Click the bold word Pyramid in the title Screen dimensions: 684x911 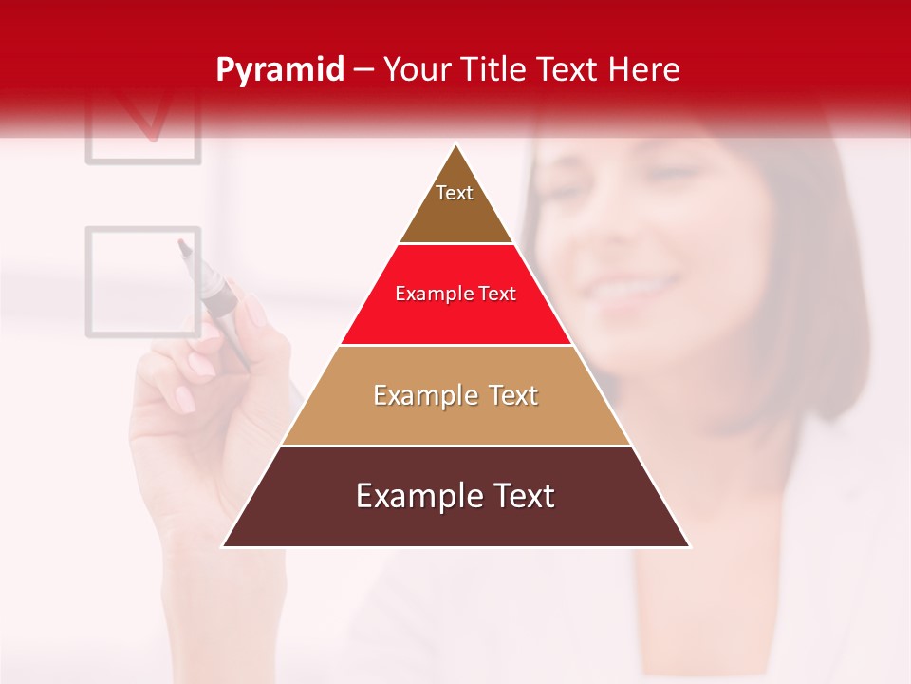tap(279, 70)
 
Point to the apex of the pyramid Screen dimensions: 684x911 tap(456, 145)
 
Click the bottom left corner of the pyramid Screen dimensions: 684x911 tap(224, 546)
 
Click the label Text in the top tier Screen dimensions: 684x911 tap(455, 193)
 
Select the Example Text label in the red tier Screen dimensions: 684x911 tap(455, 294)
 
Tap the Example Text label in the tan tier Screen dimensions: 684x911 tap(455, 395)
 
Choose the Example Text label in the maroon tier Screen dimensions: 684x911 tap(455, 496)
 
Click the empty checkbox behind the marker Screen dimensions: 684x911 tap(142, 281)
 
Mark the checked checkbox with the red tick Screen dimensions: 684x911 tap(143, 123)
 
